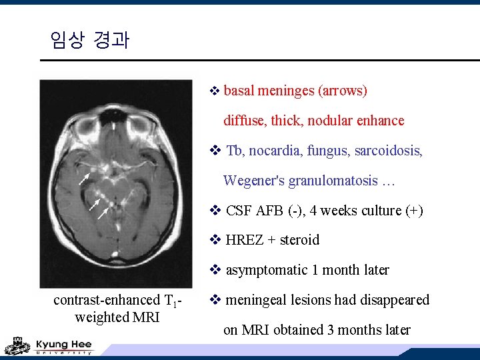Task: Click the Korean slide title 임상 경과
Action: [x=89, y=41]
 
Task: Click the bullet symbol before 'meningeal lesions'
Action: [x=215, y=300]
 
